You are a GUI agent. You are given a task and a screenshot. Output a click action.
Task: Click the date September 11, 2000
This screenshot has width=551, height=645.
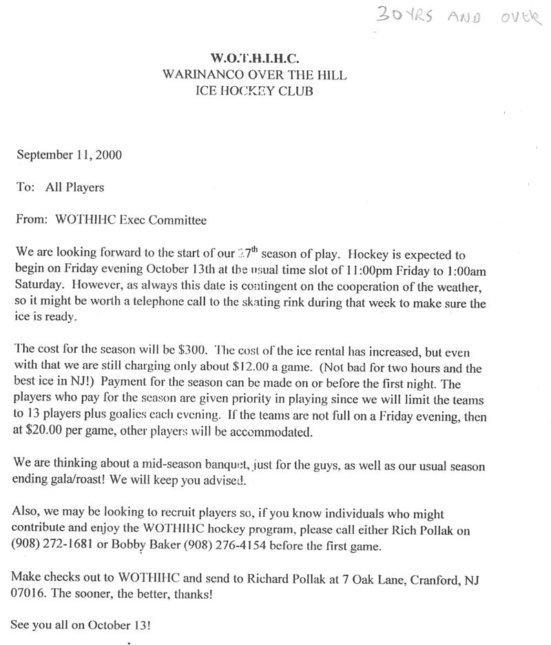[x=69, y=154]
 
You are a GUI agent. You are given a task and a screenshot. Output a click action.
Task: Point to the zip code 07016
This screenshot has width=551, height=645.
[x=27, y=595]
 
